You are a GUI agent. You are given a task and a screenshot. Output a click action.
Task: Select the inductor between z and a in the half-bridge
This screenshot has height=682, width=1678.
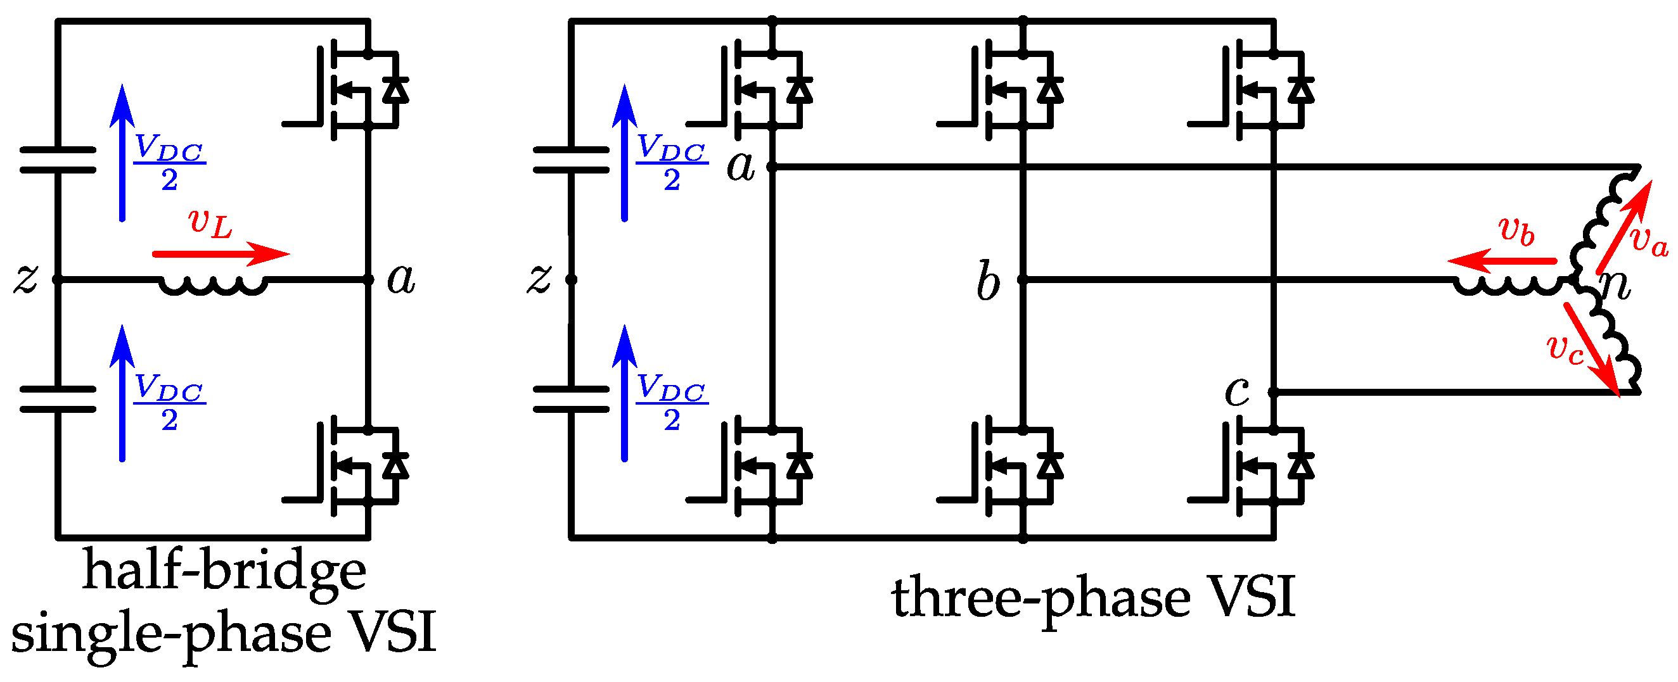pos(214,286)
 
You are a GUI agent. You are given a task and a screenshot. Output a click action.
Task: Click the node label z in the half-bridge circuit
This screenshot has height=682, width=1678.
pos(26,279)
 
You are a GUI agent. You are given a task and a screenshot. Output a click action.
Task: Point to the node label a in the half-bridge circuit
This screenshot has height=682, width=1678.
pos(400,280)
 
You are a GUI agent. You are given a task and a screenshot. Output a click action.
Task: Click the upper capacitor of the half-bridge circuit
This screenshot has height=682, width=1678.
pos(58,160)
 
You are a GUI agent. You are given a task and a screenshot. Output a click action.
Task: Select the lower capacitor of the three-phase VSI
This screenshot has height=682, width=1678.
pos(570,400)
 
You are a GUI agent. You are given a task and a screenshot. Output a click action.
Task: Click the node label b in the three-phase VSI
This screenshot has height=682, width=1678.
pos(987,281)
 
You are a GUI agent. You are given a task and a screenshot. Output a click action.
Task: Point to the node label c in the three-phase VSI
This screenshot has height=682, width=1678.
pos(1236,391)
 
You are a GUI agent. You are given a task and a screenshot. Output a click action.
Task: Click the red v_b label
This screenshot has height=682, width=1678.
pos(1516,230)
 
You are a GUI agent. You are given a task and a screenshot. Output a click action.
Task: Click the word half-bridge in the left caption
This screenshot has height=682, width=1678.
pos(224,572)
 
